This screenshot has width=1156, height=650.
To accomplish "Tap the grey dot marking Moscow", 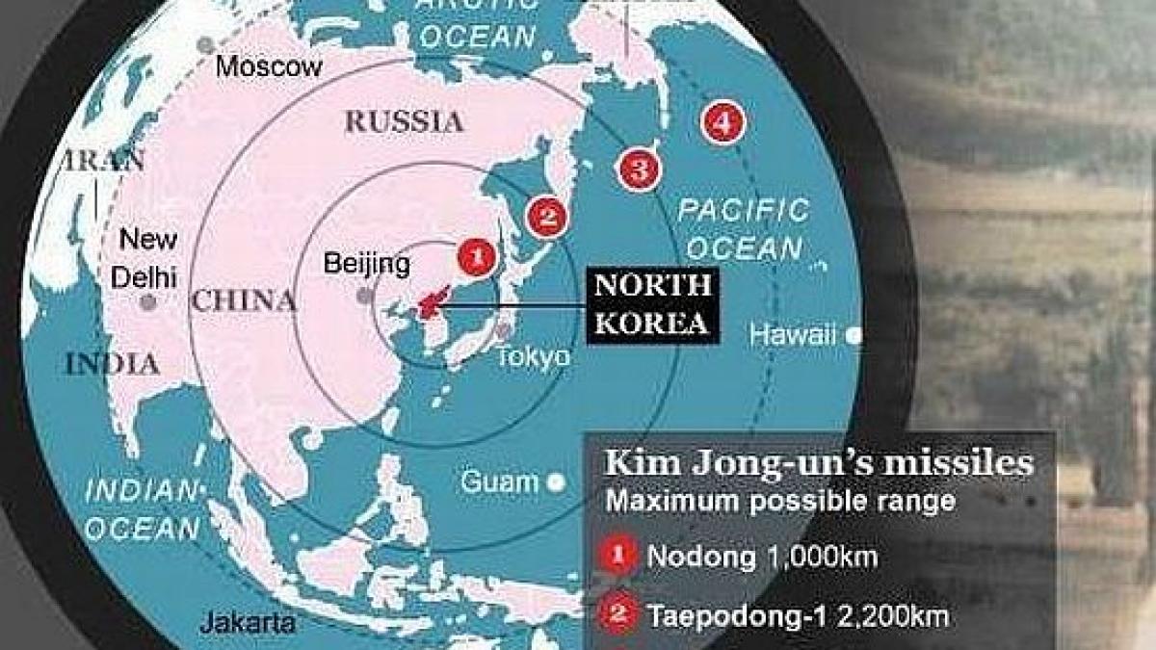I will pyautogui.click(x=204, y=45).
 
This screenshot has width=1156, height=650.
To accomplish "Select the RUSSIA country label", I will pyautogui.click(x=405, y=121).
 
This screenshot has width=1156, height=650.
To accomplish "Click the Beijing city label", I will pyautogui.click(x=367, y=263).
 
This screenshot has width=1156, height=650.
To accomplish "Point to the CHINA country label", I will pyautogui.click(x=244, y=300).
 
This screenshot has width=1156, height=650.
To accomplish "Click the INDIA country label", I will pyautogui.click(x=112, y=364).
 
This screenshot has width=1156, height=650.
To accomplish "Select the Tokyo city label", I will pyautogui.click(x=534, y=357).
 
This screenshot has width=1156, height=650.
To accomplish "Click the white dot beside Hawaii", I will pyautogui.click(x=854, y=336).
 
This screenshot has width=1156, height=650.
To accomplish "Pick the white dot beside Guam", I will pyautogui.click(x=554, y=482).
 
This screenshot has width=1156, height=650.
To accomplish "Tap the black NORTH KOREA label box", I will pyautogui.click(x=652, y=303).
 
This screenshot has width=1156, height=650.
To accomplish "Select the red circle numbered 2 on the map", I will pyautogui.click(x=545, y=216).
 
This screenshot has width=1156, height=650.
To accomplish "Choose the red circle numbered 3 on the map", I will pyautogui.click(x=640, y=169).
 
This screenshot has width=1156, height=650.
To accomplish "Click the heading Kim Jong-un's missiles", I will pyautogui.click(x=818, y=464).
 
